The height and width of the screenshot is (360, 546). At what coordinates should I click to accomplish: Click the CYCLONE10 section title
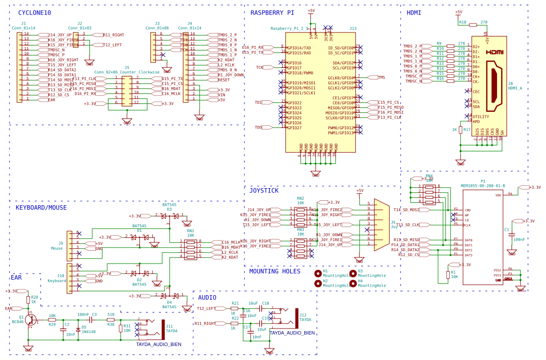tap(34, 13)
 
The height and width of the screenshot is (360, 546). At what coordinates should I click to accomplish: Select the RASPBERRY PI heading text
tap(272, 13)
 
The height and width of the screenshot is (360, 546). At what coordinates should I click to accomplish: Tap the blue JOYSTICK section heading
tap(264, 191)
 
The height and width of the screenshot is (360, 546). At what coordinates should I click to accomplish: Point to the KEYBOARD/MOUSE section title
tap(41, 208)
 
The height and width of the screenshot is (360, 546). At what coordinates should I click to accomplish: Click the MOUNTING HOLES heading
tap(275, 271)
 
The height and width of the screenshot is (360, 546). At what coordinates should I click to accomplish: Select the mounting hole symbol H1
tap(318, 273)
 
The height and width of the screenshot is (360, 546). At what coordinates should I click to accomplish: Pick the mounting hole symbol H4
tap(353, 283)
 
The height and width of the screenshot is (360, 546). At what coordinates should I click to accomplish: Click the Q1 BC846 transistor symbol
tap(30, 320)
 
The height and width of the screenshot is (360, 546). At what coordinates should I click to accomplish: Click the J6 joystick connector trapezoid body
tap(381, 225)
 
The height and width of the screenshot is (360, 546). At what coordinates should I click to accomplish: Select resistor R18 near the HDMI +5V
tap(473, 24)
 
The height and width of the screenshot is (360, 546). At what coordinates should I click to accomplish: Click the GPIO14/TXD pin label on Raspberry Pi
tap(299, 48)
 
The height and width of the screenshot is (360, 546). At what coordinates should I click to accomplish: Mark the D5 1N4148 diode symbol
tap(78, 330)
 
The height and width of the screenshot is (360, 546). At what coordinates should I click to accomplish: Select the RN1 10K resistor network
tap(190, 250)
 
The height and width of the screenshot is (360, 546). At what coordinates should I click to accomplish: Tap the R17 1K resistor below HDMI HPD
tap(460, 130)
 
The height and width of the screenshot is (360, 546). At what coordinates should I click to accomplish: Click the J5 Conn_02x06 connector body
tap(127, 90)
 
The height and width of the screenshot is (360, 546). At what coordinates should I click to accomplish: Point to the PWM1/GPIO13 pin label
tap(341, 133)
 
